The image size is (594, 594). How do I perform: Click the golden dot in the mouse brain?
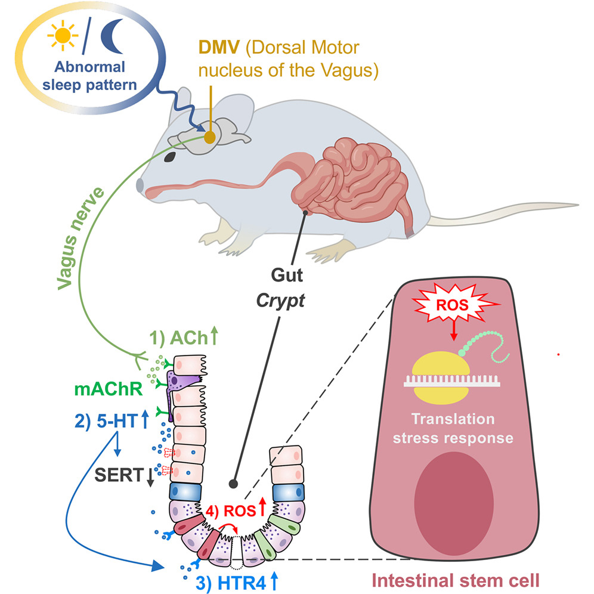210,137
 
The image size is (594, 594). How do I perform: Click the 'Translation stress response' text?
457,429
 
